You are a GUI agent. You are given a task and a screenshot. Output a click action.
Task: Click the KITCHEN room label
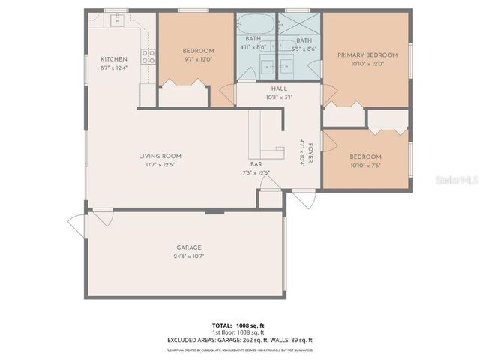pyautogui.click(x=114, y=59)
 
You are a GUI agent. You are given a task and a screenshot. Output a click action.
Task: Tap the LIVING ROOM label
pyautogui.click(x=160, y=156)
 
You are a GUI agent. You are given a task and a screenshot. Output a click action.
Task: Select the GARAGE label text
pyautogui.click(x=189, y=247)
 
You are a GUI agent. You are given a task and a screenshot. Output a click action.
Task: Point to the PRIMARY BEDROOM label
pyautogui.click(x=367, y=55)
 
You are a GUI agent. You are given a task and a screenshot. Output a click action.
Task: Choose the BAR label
pyautogui.click(x=256, y=164)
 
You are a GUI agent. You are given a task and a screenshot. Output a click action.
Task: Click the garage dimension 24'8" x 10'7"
pyautogui.click(x=189, y=256)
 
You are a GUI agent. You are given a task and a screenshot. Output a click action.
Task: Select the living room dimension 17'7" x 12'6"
pyautogui.click(x=160, y=165)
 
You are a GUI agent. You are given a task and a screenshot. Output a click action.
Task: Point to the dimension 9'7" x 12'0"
pyautogui.click(x=199, y=59)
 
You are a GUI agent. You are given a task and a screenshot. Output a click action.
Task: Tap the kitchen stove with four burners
pyautogui.click(x=148, y=55)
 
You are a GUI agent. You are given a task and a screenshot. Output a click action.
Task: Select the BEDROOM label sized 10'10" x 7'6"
pyautogui.click(x=366, y=157)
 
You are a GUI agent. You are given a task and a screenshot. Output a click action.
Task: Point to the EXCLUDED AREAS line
pyautogui.click(x=240, y=340)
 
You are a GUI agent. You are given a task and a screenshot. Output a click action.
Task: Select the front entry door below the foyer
pyautogui.click(x=304, y=199)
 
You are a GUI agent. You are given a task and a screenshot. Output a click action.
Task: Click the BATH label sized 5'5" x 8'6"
pyautogui.click(x=304, y=40)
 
